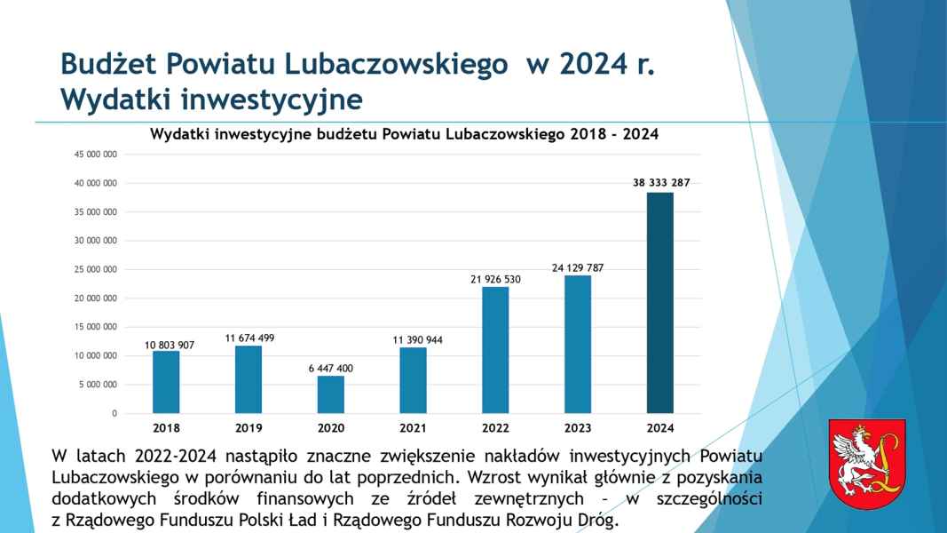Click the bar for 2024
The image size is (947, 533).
click(x=660, y=302)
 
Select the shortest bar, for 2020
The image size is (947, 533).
click(x=331, y=394)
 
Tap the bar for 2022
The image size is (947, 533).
click(x=495, y=350)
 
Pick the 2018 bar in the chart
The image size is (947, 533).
click(x=166, y=382)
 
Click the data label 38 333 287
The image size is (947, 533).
click(x=660, y=182)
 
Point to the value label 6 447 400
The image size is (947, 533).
click(x=331, y=367)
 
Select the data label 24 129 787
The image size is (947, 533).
click(x=578, y=266)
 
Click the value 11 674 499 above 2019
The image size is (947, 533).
click(x=249, y=338)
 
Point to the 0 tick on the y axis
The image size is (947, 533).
click(x=114, y=414)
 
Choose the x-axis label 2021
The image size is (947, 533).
click(x=413, y=427)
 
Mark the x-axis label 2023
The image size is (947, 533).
click(x=578, y=427)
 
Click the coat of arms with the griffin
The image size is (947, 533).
click(x=866, y=464)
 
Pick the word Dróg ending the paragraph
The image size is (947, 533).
click(x=594, y=520)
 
